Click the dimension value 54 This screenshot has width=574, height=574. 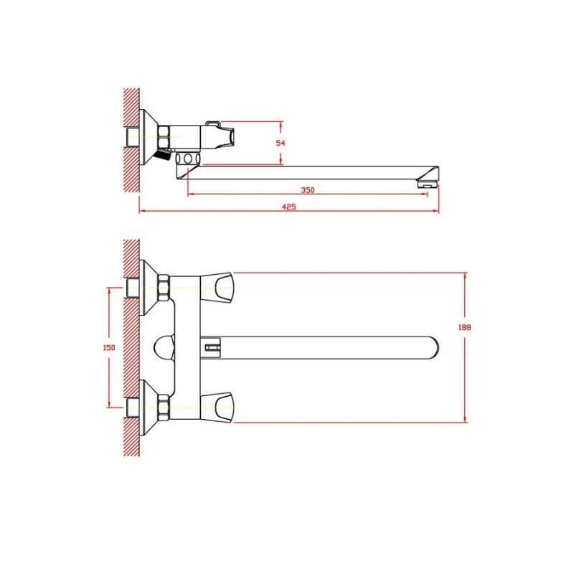coord(281,143)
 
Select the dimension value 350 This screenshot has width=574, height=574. coord(308,190)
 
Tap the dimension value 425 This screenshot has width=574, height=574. coord(289,207)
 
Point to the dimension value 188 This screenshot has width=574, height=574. coord(464,327)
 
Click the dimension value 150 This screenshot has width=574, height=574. coord(109,347)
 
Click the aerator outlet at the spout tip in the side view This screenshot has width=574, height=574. coord(427,182)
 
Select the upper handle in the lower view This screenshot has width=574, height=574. coord(217,288)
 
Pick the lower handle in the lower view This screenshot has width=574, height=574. coord(217,408)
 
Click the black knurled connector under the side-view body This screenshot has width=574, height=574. coord(163,154)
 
